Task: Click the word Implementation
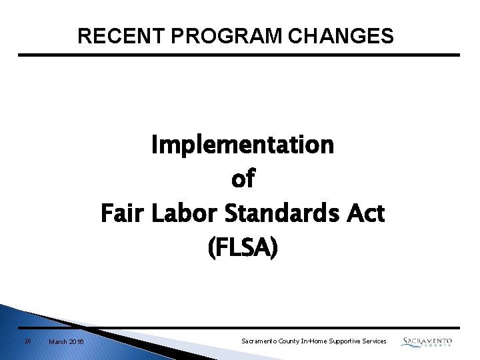point(243,144)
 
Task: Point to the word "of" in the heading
point(243,179)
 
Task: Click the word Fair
point(120,214)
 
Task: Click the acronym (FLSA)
point(243,249)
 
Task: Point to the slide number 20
point(27,341)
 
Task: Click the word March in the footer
point(58,342)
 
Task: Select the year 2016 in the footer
point(77,342)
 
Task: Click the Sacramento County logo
point(427,342)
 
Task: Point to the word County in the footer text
point(289,341)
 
